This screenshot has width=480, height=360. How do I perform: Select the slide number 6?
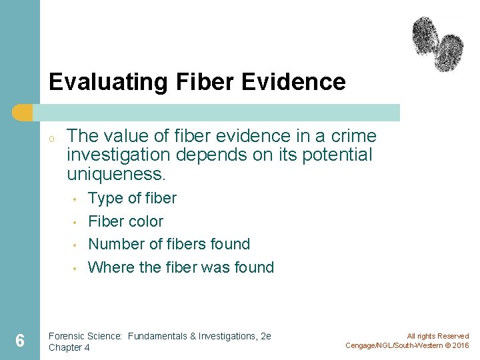(x=20, y=341)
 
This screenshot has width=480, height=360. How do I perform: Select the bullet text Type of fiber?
(x=132, y=198)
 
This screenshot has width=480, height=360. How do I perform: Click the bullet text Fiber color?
(x=125, y=221)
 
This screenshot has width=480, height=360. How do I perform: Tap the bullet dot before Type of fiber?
(x=77, y=199)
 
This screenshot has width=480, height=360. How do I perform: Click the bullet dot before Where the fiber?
(x=77, y=269)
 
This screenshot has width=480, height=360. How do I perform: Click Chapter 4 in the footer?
(x=69, y=347)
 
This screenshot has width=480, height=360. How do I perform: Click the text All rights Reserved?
(x=437, y=337)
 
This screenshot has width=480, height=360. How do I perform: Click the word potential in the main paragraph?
(x=339, y=155)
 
